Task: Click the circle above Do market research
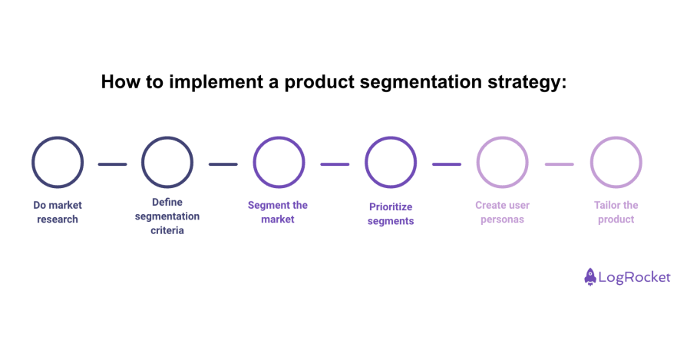pyautogui.click(x=58, y=162)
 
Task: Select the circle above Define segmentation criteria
pyautogui.click(x=167, y=162)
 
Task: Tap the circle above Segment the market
pyautogui.click(x=279, y=162)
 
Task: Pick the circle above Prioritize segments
pyautogui.click(x=391, y=162)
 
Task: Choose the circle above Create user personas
pyautogui.click(x=502, y=162)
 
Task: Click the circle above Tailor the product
pyautogui.click(x=616, y=162)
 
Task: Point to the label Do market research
pyautogui.click(x=58, y=212)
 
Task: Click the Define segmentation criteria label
pyautogui.click(x=167, y=216)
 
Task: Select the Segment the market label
pyautogui.click(x=278, y=212)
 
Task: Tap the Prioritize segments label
pyautogui.click(x=391, y=213)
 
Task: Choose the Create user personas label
pyautogui.click(x=502, y=212)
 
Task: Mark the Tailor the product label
pyautogui.click(x=616, y=212)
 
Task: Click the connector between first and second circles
pyautogui.click(x=112, y=163)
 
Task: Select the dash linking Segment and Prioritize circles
pyautogui.click(x=335, y=163)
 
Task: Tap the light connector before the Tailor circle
pyautogui.click(x=559, y=163)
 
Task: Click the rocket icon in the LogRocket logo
pyautogui.click(x=590, y=277)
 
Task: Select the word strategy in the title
pyautogui.click(x=526, y=82)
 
